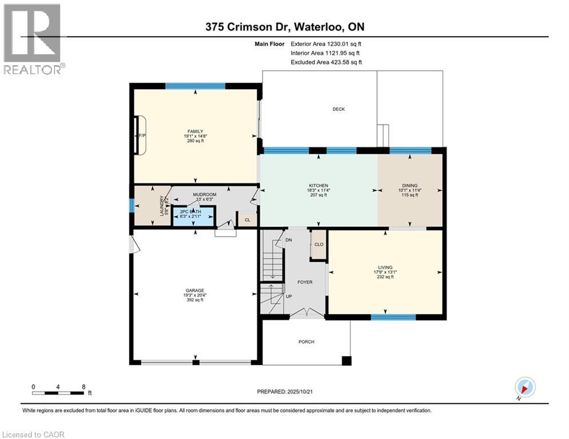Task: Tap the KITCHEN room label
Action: tap(319, 186)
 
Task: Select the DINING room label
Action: tap(409, 186)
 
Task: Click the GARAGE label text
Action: tap(194, 290)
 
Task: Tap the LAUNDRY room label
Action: tap(162, 206)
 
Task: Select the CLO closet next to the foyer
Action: tap(319, 244)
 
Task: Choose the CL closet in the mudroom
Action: tap(247, 219)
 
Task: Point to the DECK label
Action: tap(339, 109)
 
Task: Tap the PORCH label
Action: tap(307, 342)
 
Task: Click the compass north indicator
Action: tap(524, 387)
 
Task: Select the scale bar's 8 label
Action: tap(83, 386)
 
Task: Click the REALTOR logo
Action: tap(32, 39)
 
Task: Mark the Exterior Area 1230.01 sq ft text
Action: tap(326, 43)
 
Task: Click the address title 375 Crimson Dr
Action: tap(284, 27)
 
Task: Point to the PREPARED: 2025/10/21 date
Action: tap(285, 392)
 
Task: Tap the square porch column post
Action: tap(345, 361)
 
